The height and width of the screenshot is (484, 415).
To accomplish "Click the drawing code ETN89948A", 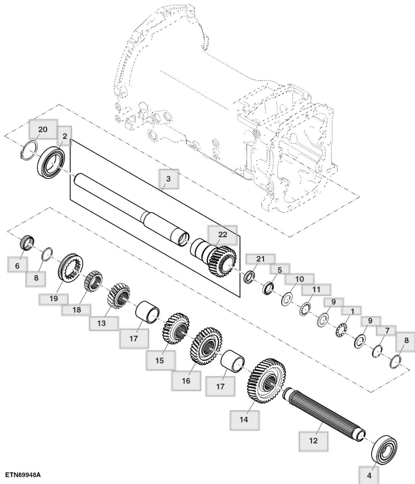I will click(x=23, y=474).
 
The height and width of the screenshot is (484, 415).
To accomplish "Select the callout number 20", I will click(x=43, y=129).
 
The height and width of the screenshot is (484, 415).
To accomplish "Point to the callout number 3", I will click(x=168, y=179).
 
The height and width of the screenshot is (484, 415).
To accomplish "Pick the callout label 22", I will click(x=222, y=234).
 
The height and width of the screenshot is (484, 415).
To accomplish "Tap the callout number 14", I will click(x=244, y=420).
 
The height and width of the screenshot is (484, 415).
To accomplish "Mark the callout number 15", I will click(x=160, y=360).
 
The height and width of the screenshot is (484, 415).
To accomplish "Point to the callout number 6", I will click(x=17, y=266).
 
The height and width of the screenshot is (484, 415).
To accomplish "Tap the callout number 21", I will click(x=260, y=259).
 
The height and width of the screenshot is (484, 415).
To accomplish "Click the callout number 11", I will click(x=316, y=289).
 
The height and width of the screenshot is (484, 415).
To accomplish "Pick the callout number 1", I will click(x=352, y=311).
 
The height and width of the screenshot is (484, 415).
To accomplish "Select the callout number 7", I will click(x=387, y=331).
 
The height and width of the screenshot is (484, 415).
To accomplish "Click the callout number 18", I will click(x=77, y=310).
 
